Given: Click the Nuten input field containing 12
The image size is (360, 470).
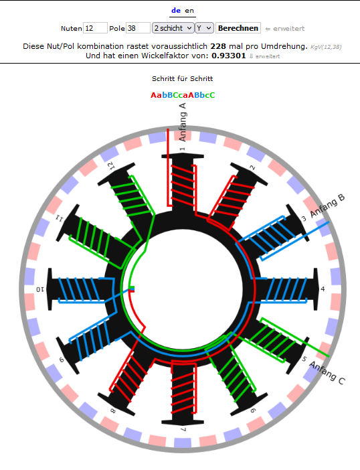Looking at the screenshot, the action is point(95,28).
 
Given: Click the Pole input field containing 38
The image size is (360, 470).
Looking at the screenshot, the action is point(138,28).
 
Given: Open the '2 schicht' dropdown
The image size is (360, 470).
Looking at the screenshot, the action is point(173,28).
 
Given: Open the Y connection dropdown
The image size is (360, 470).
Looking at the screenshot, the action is point(205,28).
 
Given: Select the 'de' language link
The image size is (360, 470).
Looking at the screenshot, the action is point(176,11).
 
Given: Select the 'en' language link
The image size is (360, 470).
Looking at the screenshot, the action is point(189,11).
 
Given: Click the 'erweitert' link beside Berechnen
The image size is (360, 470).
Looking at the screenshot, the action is point(285,29).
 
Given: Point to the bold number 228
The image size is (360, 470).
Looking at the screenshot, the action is point(218,46).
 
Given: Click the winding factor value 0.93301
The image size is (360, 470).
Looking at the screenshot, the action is point(229,56).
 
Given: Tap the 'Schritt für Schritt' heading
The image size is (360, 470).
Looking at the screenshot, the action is point(183,78).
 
